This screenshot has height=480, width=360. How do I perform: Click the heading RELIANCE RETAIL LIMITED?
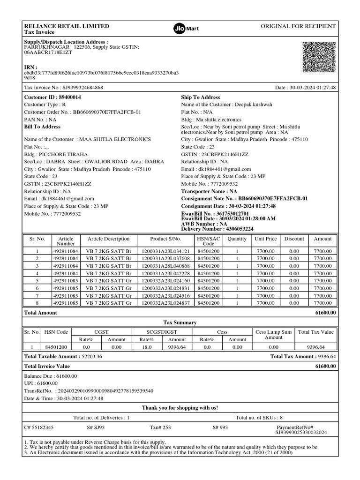click(x=67, y=26)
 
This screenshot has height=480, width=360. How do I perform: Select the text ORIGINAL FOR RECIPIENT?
click(x=298, y=26)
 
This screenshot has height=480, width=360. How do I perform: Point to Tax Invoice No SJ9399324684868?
click(x=64, y=88)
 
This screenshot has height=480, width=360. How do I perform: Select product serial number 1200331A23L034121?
click(x=165, y=251)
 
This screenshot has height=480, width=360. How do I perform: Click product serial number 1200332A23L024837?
click(x=165, y=303)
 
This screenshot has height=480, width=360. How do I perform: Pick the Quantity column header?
click(x=237, y=239)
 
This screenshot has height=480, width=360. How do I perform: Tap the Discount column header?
click(x=294, y=239)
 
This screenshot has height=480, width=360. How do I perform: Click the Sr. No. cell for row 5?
click(x=37, y=281)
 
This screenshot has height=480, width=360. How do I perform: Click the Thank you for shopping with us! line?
click(x=180, y=408)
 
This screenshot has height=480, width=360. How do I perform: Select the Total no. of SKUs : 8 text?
click(x=259, y=417)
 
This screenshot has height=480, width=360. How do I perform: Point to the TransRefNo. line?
click(x=89, y=391)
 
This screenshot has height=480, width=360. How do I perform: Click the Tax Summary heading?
click(x=180, y=322)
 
